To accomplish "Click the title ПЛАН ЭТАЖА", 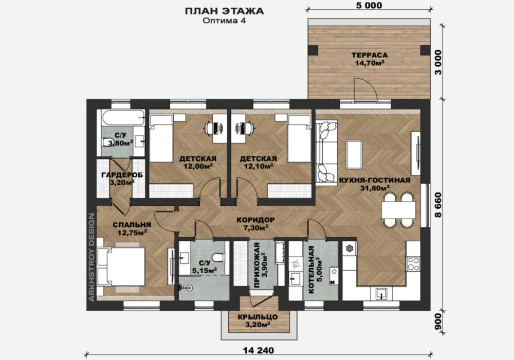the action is pyautogui.click(x=224, y=11).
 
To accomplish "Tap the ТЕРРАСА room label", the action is pyautogui.click(x=370, y=55).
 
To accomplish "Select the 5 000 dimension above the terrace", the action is pyautogui.click(x=369, y=5).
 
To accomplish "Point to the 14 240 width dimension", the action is pyautogui.click(x=259, y=351).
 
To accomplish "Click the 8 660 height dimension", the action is pyautogui.click(x=438, y=205).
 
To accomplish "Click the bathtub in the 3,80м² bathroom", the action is pyautogui.click(x=123, y=118).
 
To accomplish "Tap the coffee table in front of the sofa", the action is pyautogui.click(x=354, y=155).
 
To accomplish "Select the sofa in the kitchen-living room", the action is pyautogui.click(x=326, y=151).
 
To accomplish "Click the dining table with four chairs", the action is pyautogui.click(x=398, y=210).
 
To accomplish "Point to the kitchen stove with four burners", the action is pyautogui.click(x=413, y=264).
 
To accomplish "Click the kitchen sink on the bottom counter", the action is pyautogui.click(x=381, y=294).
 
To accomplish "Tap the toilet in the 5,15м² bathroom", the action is pyautogui.click(x=218, y=257).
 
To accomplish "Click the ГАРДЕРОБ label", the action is pyautogui.click(x=122, y=175).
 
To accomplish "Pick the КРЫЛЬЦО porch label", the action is pyautogui.click(x=258, y=317).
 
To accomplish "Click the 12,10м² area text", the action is pyautogui.click(x=259, y=166).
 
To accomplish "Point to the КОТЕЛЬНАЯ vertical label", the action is pyautogui.click(x=311, y=270).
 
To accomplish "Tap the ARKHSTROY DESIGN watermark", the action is pyautogui.click(x=92, y=257).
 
